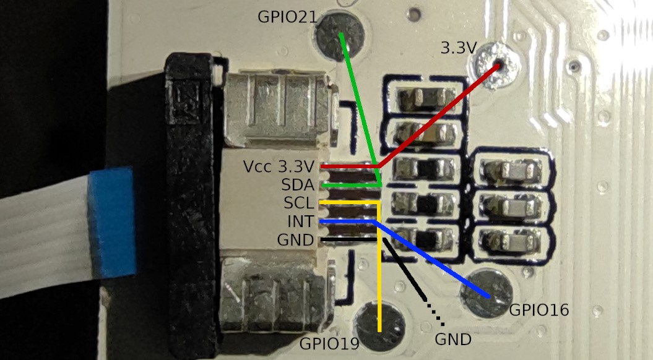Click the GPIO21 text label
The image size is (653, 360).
pyautogui.click(x=287, y=17)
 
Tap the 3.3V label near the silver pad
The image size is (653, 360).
pyautogui.click(x=459, y=48)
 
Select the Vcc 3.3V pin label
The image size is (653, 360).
pyautogui.click(x=279, y=167)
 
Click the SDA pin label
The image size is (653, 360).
pyautogui.click(x=298, y=185)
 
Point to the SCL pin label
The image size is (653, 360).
pyautogui.click(x=299, y=203)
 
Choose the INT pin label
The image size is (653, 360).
pyautogui.click(x=301, y=221)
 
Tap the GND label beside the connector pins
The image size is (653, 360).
pyautogui.click(x=296, y=240)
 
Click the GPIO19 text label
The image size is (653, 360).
pyautogui.click(x=329, y=344)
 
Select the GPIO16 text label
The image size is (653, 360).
pyautogui.click(x=539, y=310)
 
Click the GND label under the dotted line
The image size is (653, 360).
pyautogui.click(x=453, y=340)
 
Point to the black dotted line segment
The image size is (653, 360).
pyautogui.click(x=435, y=313)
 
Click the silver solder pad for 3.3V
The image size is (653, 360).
pyautogui.click(x=495, y=66)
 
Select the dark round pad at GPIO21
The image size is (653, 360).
pyautogui.click(x=340, y=36)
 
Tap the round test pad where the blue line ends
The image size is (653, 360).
pyautogui.click(x=488, y=293)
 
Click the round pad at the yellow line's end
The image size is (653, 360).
pyautogui.click(x=379, y=325)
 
